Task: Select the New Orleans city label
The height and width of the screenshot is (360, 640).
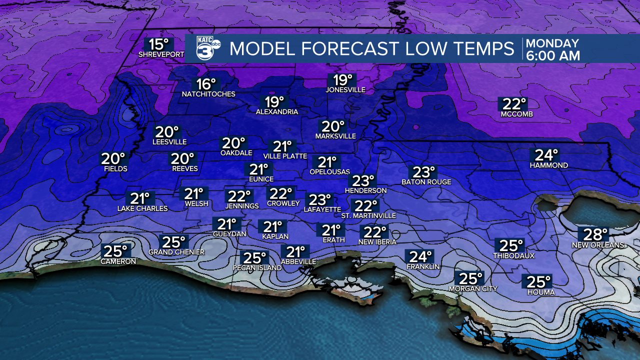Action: [x=598, y=245]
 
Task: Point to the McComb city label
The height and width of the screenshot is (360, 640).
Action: [x=516, y=114]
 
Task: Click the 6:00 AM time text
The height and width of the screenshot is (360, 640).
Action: [x=553, y=55]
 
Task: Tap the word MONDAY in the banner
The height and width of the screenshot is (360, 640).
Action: [x=552, y=43]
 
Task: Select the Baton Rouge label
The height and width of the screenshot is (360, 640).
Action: [x=426, y=182]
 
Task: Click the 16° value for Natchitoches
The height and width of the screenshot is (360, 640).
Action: [x=205, y=84]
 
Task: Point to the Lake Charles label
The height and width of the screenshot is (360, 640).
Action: [x=142, y=208]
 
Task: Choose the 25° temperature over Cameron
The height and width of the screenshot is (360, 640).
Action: [x=115, y=250]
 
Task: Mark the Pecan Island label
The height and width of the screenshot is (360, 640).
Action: [x=257, y=268]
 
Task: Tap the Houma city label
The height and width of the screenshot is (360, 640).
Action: [x=537, y=292]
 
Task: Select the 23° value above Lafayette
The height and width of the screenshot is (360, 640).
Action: [x=319, y=199]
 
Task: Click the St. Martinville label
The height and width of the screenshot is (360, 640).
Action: [x=368, y=216]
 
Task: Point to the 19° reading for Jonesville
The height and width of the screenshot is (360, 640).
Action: [x=342, y=79]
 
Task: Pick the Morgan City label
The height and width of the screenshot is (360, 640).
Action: [x=473, y=289]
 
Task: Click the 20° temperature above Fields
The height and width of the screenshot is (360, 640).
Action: [x=113, y=158]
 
